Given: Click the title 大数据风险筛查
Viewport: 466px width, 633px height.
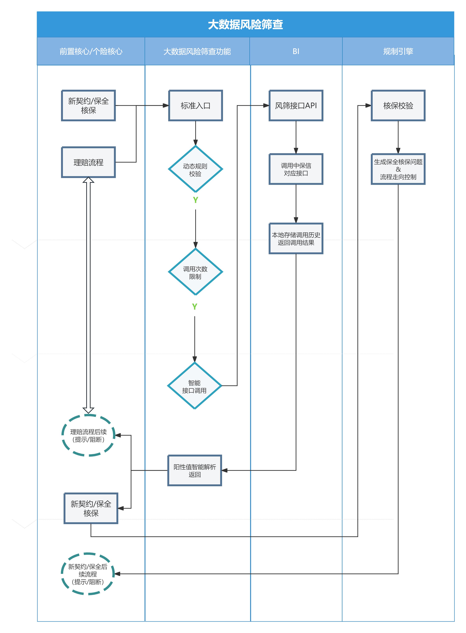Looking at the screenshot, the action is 245,25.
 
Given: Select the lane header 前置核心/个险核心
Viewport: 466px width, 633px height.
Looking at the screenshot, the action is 91,51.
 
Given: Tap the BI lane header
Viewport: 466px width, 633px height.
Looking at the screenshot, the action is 296,51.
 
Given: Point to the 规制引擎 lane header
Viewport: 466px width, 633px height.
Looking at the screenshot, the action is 398,51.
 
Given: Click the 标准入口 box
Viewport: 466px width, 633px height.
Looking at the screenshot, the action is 195,105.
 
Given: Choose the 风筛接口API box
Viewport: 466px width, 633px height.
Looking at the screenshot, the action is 296,105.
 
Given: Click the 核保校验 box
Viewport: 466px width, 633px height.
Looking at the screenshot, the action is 398,105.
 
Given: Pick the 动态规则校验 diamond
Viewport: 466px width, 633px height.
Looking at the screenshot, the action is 195,169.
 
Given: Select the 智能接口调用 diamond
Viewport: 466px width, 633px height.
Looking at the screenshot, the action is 195,386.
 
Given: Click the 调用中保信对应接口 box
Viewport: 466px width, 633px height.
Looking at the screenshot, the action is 296,169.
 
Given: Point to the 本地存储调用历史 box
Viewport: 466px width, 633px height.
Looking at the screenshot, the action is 296,238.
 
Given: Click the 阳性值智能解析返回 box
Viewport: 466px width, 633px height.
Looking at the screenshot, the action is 195,470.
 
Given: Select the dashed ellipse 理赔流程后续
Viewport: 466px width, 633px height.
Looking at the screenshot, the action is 88,435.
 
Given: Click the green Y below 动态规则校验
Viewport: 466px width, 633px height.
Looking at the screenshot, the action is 195,200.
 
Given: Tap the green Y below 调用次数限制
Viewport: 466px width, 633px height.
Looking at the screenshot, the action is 195,306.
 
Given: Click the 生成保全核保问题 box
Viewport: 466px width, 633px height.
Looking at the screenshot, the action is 398,169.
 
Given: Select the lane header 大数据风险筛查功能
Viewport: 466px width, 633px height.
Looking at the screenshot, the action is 197,51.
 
